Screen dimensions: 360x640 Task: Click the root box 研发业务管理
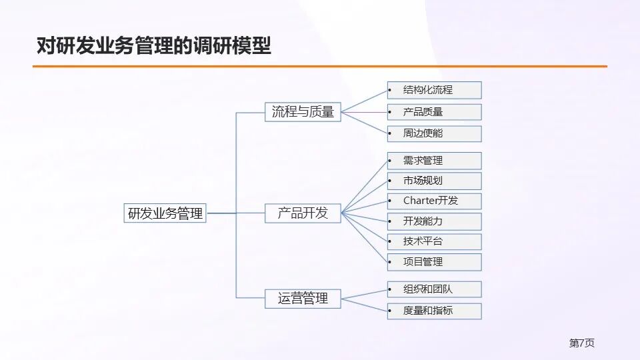coord(165,213)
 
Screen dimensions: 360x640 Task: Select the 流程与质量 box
coord(303,112)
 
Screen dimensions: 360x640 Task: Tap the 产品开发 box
coord(303,213)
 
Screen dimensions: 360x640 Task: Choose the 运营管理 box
coord(303,298)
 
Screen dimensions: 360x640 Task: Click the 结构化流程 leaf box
coord(434,90)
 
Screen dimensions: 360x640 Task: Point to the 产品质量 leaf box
coord(434,112)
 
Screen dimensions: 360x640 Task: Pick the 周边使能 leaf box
coord(434,133)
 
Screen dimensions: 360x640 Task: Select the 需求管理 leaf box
coord(434,161)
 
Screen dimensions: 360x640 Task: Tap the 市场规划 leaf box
coord(434,181)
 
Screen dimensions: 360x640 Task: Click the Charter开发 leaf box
coord(434,201)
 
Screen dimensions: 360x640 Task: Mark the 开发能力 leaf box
coord(434,221)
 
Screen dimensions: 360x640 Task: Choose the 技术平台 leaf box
coord(434,241)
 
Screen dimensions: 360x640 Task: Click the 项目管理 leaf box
coord(434,262)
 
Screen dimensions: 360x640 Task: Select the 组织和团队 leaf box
coord(434,289)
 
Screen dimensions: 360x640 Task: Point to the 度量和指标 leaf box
coord(434,311)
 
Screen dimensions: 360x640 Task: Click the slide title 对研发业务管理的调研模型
coord(154,46)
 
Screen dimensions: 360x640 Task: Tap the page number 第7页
coord(581,343)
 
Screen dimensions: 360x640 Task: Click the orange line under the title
coord(320,67)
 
